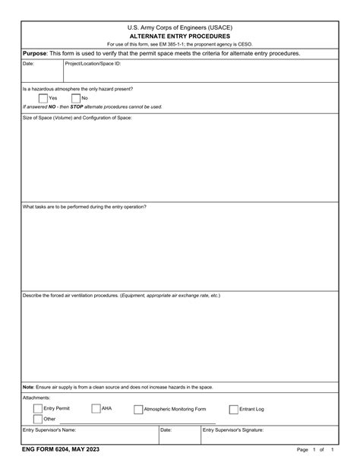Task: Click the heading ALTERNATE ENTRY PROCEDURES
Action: pos(179,36)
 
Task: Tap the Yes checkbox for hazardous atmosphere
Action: pos(42,98)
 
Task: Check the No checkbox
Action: pos(75,98)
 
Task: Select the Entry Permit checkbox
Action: pos(38,408)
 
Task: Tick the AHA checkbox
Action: pos(96,408)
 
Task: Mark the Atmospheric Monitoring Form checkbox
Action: pos(138,409)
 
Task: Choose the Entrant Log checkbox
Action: pos(233,409)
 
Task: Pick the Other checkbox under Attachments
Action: pos(38,419)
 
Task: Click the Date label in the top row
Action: pos(29,64)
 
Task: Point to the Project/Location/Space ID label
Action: pos(93,64)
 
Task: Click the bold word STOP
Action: pos(77,106)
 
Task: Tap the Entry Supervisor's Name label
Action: pos(49,430)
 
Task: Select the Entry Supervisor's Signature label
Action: pos(233,430)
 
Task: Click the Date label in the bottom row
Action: pos(166,430)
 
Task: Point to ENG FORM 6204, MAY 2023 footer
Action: pos(60,450)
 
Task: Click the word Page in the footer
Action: pos(302,451)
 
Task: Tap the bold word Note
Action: pos(28,387)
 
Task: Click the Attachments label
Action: pos(36,398)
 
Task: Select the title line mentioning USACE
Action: pos(179,27)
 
